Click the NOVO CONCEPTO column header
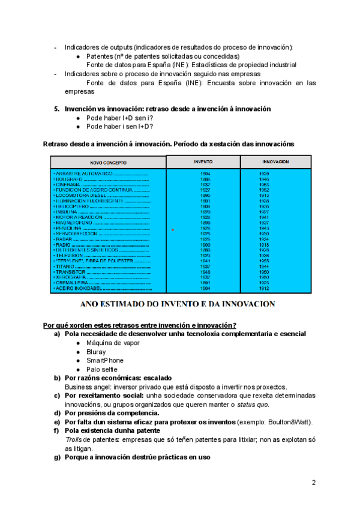[x=107, y=163]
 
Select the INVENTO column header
[x=203, y=162]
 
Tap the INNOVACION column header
[x=275, y=162]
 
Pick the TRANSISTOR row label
[x=71, y=272]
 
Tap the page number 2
[x=314, y=483]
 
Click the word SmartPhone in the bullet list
[x=105, y=360]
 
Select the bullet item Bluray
[x=96, y=352]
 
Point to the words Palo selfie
[x=102, y=369]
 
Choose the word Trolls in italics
[x=74, y=439]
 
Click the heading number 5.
[x=56, y=109]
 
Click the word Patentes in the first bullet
[x=101, y=56]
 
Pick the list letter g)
[x=58, y=458]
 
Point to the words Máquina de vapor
[x=113, y=343]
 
